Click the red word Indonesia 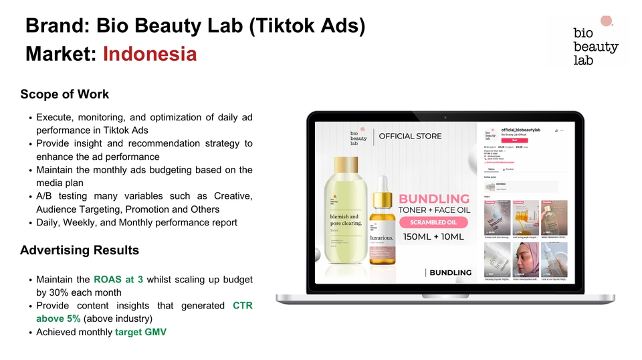150,54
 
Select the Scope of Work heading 64,94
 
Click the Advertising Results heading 80,250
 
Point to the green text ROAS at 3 118,279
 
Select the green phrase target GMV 140,331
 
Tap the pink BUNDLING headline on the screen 434,198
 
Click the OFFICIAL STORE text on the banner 410,136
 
